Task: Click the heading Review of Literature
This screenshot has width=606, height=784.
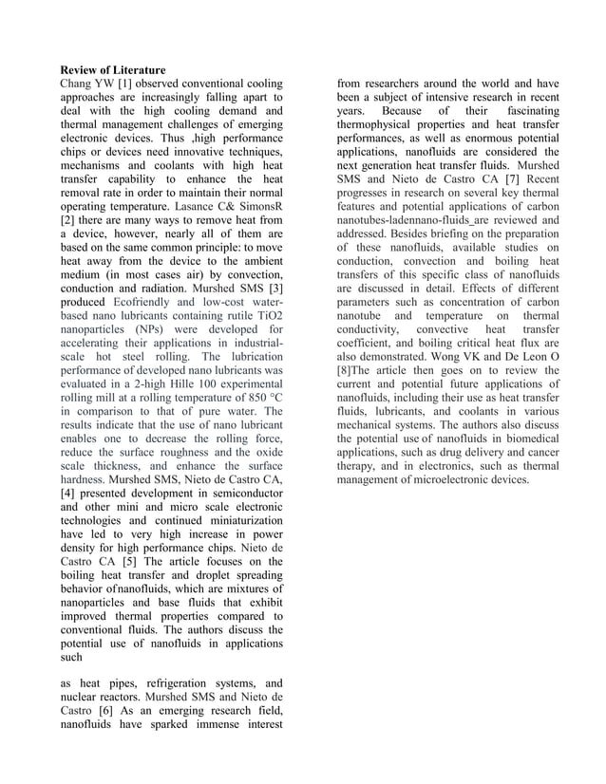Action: point(113,70)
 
